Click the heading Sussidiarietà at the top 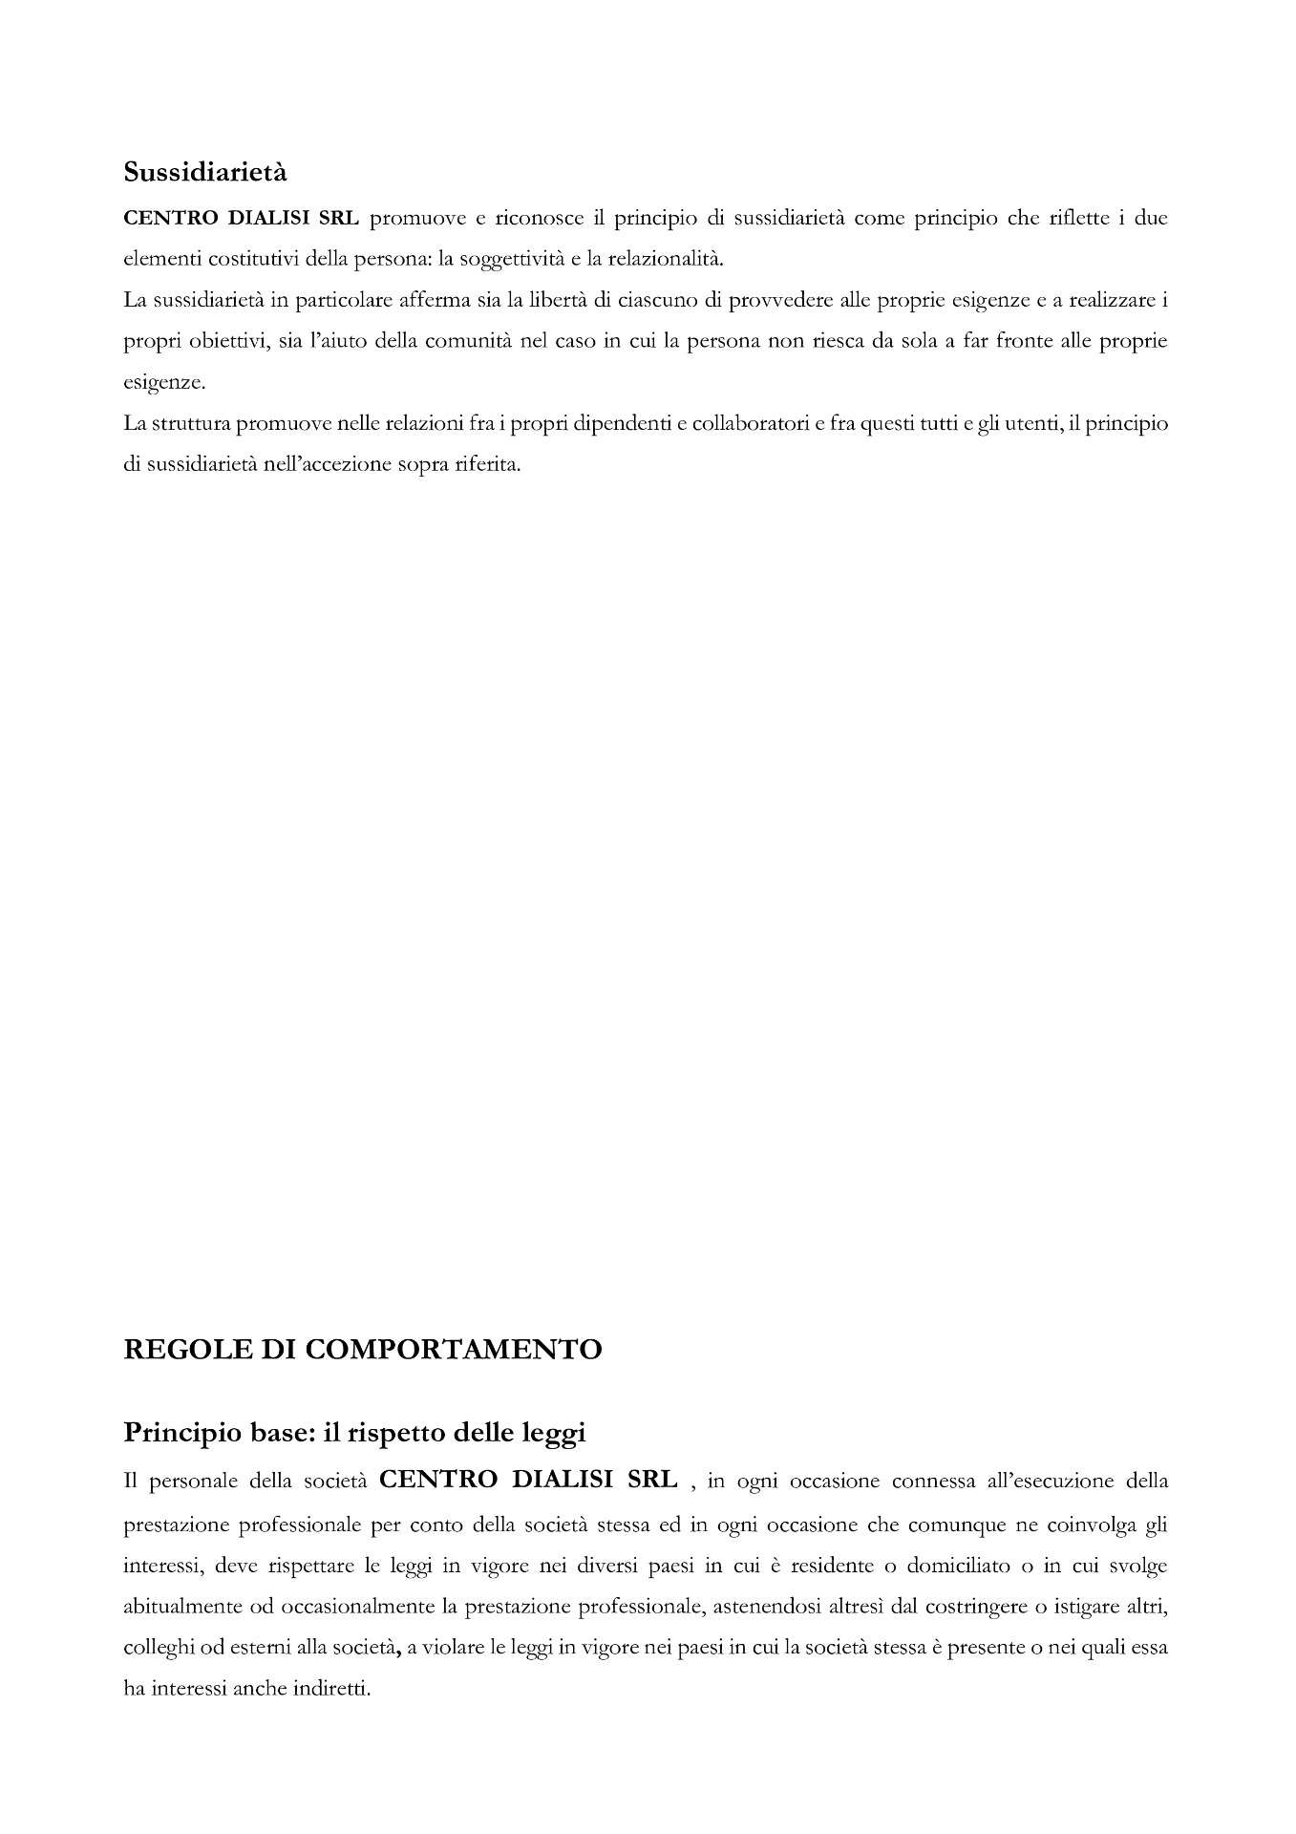pos(205,173)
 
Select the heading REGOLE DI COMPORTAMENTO pos(363,1349)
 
